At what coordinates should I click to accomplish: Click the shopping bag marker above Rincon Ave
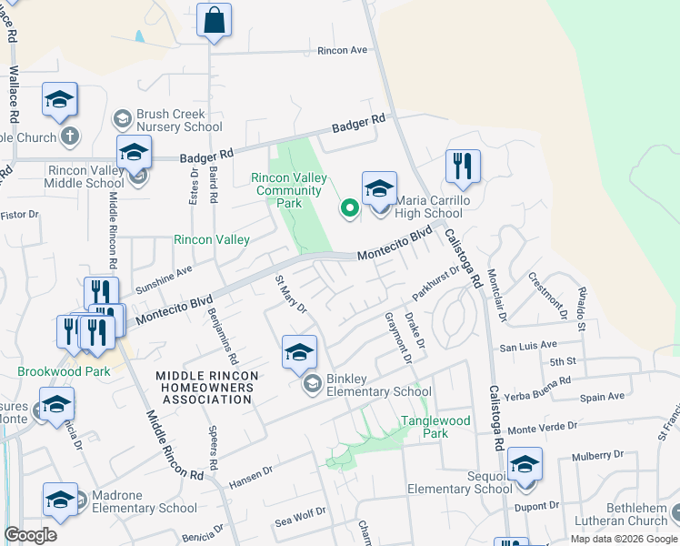[214, 21]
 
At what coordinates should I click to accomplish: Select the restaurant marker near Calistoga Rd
[463, 167]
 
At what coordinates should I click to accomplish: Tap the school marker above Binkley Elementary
[299, 353]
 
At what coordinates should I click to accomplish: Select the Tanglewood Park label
[436, 427]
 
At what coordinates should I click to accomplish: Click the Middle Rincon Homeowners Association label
[207, 388]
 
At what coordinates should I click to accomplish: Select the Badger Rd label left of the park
[206, 157]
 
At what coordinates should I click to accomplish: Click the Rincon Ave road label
[342, 50]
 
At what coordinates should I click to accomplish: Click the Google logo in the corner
[30, 535]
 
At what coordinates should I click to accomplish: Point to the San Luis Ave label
[527, 346]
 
